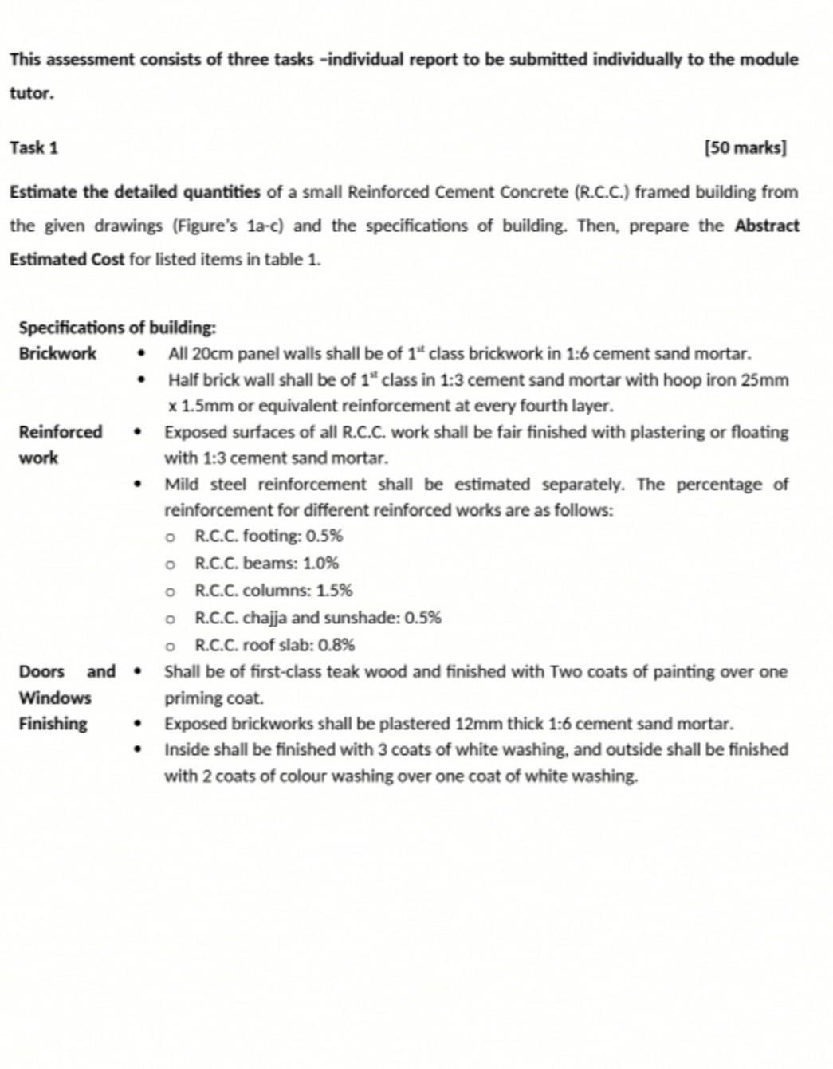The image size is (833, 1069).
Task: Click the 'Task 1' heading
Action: tap(33, 148)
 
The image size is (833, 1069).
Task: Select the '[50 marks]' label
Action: tap(745, 148)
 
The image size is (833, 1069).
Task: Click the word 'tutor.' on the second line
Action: tap(32, 93)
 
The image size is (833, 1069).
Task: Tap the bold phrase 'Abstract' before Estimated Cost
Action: tap(766, 226)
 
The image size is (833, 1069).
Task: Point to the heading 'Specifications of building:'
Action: tap(117, 328)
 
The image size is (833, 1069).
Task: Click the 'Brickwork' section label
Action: tap(57, 353)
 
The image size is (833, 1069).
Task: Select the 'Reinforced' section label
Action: tap(61, 432)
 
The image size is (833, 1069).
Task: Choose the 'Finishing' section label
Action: tap(53, 724)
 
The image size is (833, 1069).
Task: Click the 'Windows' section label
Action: tap(55, 698)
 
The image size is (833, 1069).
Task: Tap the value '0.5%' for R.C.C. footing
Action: tap(324, 536)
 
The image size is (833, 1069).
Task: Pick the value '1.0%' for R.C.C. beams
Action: tap(320, 563)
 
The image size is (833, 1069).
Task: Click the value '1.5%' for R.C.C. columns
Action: tap(334, 591)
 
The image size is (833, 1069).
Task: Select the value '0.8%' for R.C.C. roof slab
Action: tap(336, 645)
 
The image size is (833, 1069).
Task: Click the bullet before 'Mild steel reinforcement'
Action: tap(139, 485)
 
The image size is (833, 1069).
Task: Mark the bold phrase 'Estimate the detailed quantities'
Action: tap(135, 192)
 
